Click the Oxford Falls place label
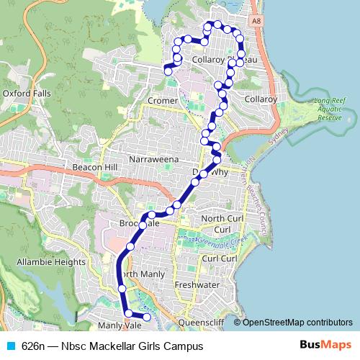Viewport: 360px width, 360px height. coord(27,94)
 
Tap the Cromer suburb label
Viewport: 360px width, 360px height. coord(163,101)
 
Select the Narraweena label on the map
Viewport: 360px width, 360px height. coord(153,158)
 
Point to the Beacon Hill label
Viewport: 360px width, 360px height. coord(94,167)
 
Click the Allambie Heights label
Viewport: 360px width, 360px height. coord(51,262)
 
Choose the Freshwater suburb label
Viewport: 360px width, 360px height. coord(197,284)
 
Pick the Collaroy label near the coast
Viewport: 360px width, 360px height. coord(261,99)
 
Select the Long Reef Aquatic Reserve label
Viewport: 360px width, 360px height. coord(330,109)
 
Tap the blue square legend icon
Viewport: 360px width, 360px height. coord(9,346)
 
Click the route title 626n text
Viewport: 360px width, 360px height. coord(33,346)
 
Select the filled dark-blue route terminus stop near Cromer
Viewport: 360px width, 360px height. coord(168,71)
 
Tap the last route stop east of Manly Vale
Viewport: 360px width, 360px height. coord(146,317)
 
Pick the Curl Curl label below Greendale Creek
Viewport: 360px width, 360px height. coord(220,258)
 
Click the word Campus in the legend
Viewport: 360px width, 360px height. coord(184,346)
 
